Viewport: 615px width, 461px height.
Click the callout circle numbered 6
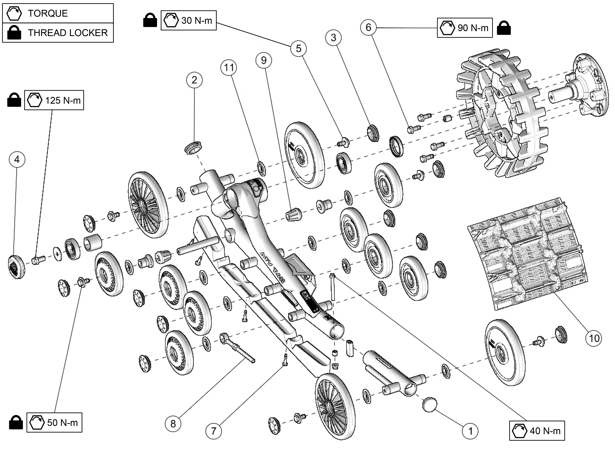(368, 27)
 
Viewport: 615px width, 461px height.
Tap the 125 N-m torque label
(54, 100)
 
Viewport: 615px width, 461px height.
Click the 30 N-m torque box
(189, 20)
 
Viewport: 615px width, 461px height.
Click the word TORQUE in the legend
(48, 13)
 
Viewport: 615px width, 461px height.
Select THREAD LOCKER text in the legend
(68, 33)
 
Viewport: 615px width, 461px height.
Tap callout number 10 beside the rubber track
(594, 338)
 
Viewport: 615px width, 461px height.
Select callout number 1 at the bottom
(470, 431)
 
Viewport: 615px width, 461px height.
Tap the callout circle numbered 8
(173, 424)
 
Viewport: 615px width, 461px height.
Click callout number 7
(214, 431)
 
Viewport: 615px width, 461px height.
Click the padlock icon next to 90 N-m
(503, 28)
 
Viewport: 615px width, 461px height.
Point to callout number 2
(194, 80)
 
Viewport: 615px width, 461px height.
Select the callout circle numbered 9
(264, 60)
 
